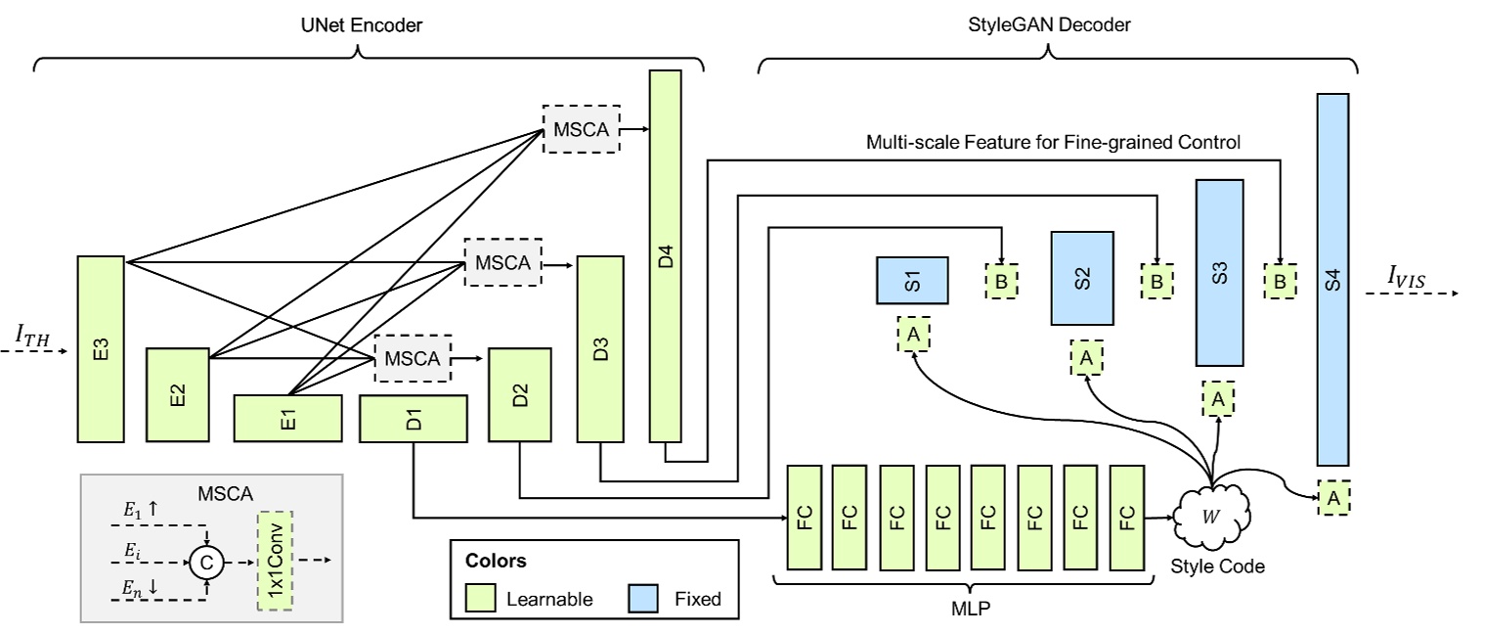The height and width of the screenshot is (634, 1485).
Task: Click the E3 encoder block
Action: pyautogui.click(x=101, y=349)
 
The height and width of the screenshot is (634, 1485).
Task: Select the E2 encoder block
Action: pyautogui.click(x=178, y=394)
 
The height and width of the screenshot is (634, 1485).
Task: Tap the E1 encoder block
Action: pyautogui.click(x=287, y=419)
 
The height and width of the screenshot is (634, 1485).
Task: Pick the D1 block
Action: pyautogui.click(x=414, y=419)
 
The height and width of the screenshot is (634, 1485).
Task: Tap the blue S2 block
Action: pyautogui.click(x=1082, y=278)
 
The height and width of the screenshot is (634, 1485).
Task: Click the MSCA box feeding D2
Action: pyautogui.click(x=414, y=359)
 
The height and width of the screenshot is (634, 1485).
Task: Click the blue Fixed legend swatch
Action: pyautogui.click(x=648, y=598)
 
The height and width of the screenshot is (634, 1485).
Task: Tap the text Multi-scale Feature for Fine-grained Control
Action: pyautogui.click(x=1052, y=143)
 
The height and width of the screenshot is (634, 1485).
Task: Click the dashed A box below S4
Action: pyautogui.click(x=1333, y=497)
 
